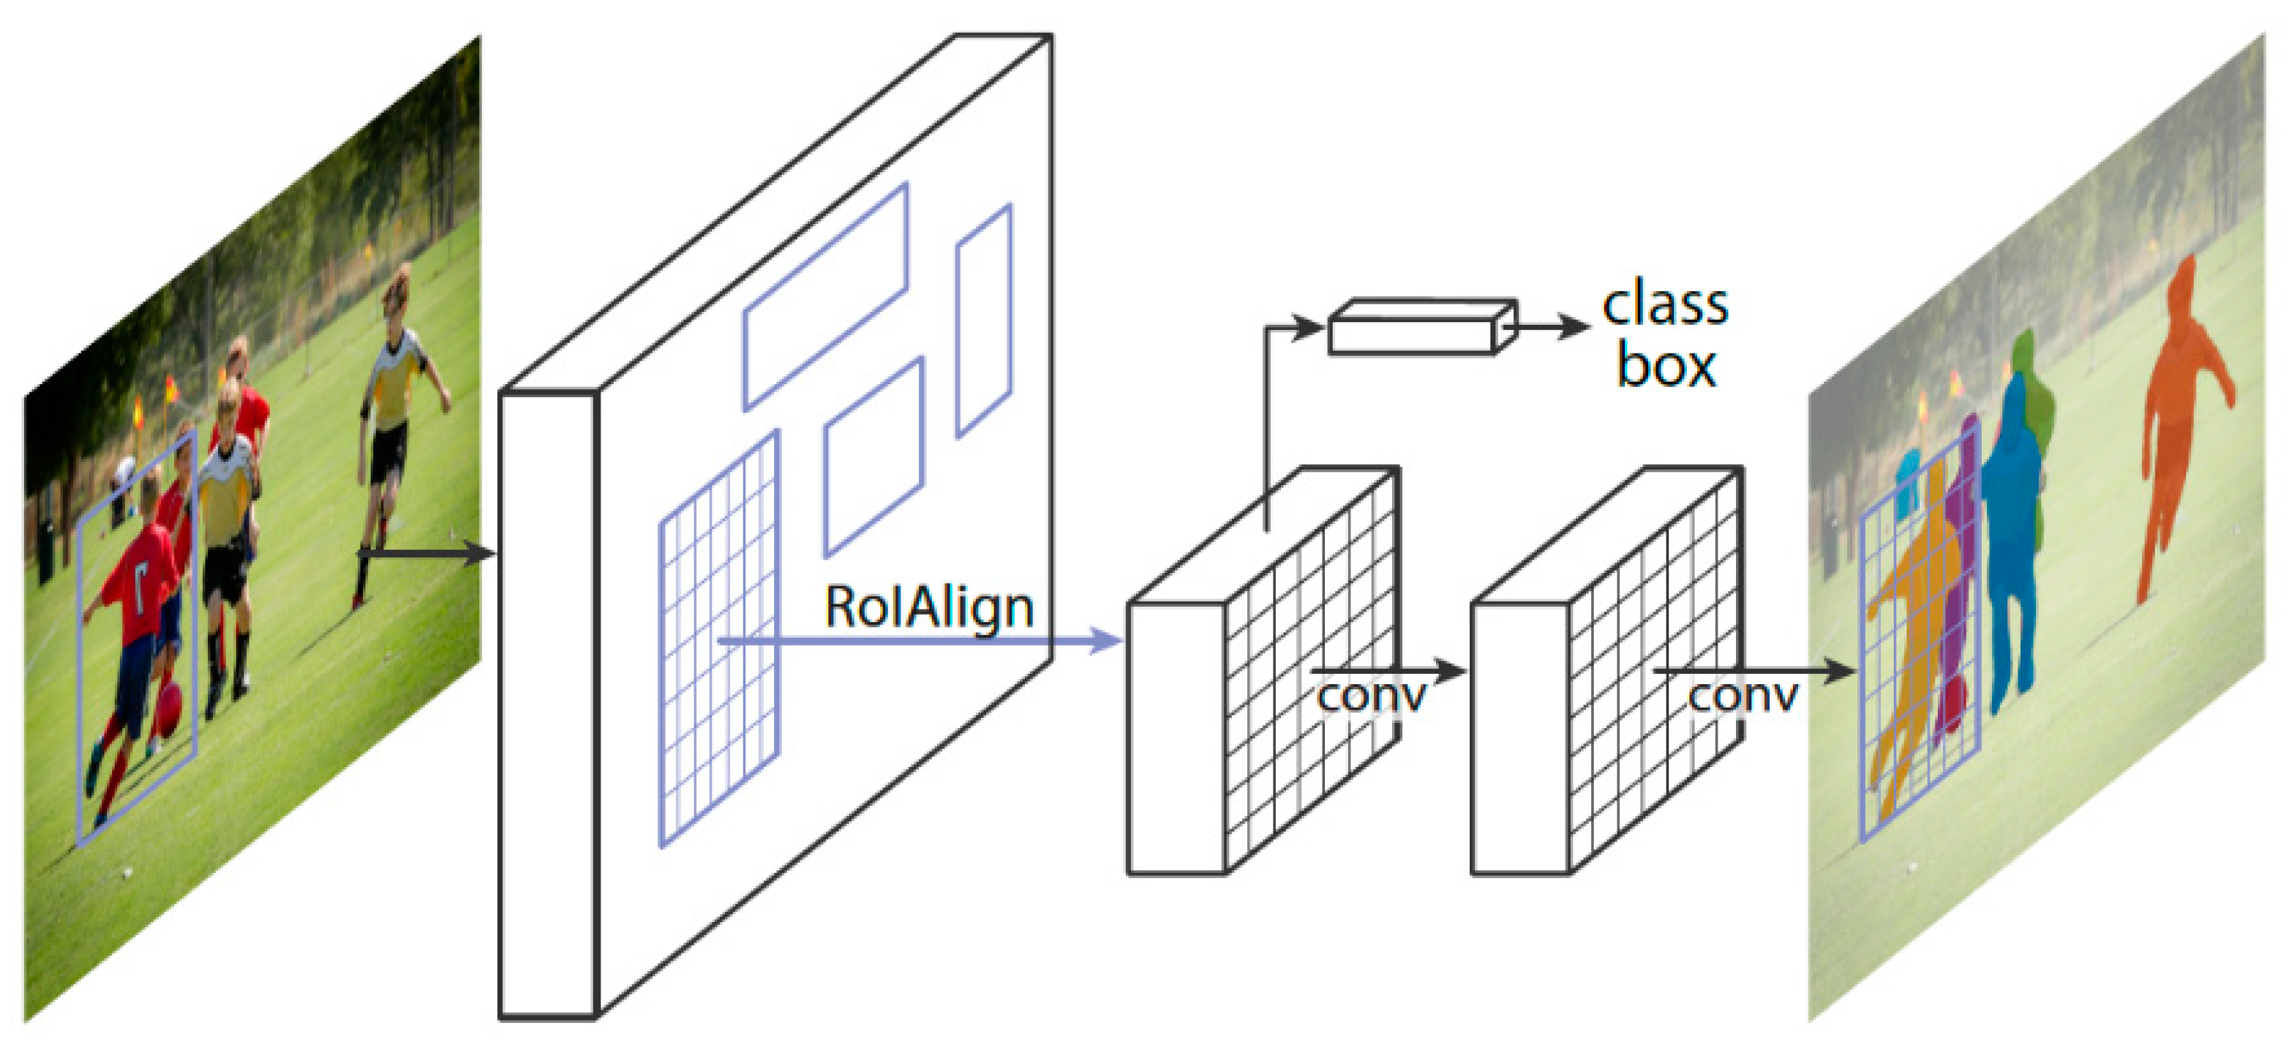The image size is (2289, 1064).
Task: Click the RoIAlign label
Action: (x=928, y=608)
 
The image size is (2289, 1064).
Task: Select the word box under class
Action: (x=1665, y=366)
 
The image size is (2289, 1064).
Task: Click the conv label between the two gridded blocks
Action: (x=1370, y=696)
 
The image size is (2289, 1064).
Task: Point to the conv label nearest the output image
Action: (x=1743, y=696)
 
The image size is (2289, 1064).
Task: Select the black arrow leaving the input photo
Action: (x=426, y=554)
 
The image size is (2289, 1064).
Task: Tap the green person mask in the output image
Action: (x=2031, y=391)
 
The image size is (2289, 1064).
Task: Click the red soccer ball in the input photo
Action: (x=169, y=708)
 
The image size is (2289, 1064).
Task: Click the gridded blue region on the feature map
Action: (x=718, y=640)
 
